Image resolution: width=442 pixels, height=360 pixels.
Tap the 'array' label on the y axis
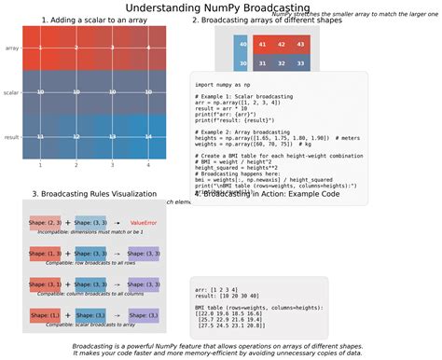tap(12, 48)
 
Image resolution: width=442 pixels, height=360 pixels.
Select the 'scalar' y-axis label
tap(11, 92)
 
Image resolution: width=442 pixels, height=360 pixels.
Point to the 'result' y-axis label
tap(12, 137)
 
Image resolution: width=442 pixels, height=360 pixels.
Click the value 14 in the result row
tap(148, 137)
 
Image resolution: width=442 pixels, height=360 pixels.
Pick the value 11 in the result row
tap(40, 137)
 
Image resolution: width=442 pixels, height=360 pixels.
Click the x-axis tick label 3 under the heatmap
tap(112, 164)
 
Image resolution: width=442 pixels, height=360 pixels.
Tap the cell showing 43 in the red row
tap(300, 44)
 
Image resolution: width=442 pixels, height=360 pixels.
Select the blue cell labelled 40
tap(242, 44)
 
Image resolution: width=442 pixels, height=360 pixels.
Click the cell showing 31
tap(282, 62)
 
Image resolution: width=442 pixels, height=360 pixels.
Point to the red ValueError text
tap(144, 223)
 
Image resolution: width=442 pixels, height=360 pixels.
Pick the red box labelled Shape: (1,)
tap(45, 315)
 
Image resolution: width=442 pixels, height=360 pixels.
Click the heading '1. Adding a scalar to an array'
tap(93, 20)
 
